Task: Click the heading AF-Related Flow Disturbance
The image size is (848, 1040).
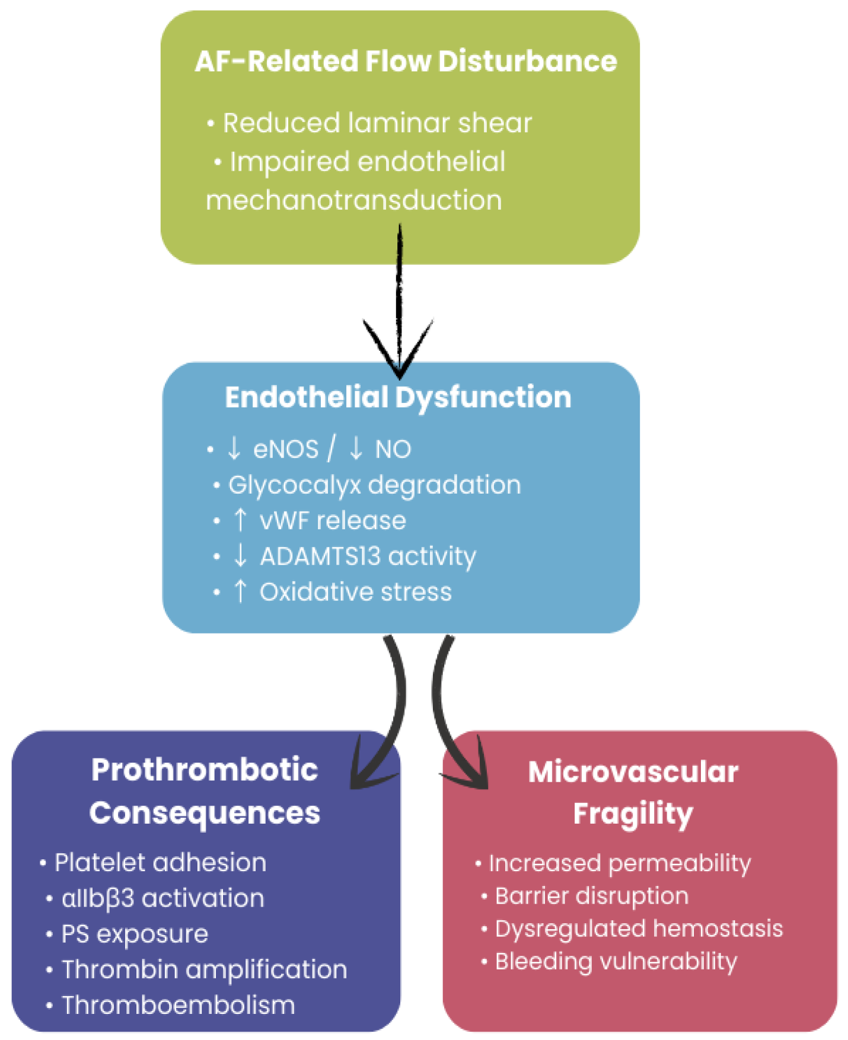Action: point(406,61)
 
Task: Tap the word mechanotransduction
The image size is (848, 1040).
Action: point(354,200)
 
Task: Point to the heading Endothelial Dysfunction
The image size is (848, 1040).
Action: point(398,397)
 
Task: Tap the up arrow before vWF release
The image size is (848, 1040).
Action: point(240,520)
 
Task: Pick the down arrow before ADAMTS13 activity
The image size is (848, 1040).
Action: point(240,556)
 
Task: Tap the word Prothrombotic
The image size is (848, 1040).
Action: point(205,770)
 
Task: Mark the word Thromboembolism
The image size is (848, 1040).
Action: point(178,1005)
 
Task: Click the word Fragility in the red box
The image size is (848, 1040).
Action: point(633,814)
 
